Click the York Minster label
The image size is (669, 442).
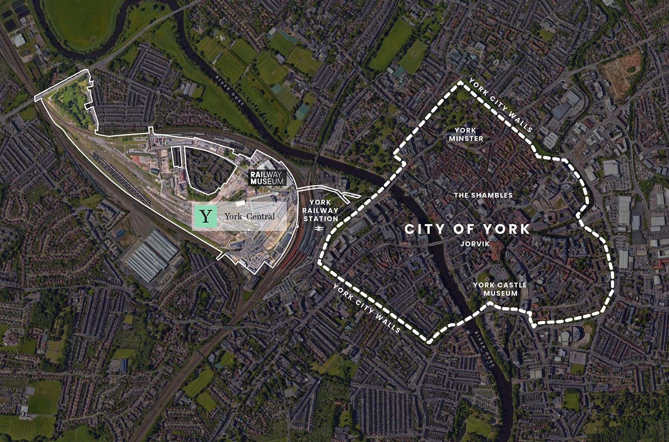click(x=466, y=134)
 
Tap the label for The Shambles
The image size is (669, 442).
click(x=483, y=195)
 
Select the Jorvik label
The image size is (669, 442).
click(x=475, y=244)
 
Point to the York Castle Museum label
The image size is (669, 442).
click(x=500, y=289)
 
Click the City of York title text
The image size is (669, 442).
click(x=467, y=229)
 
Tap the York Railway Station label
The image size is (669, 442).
click(x=320, y=210)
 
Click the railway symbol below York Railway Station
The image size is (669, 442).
click(x=318, y=229)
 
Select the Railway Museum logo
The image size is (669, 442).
click(x=267, y=178)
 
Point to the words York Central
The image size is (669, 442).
click(x=249, y=216)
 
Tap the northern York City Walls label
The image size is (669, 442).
click(x=500, y=105)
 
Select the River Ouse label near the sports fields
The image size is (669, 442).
click(x=230, y=91)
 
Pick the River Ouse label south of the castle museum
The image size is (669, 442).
click(x=485, y=349)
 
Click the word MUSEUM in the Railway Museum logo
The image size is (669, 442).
click(x=267, y=182)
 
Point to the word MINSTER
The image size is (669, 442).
click(x=466, y=138)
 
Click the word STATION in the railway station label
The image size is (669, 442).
click(x=321, y=219)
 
